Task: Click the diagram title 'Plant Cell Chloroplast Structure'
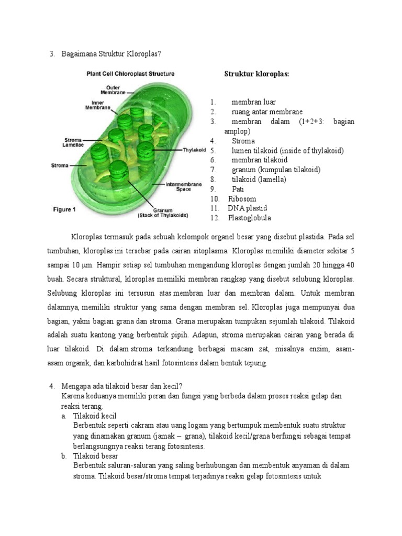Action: coord(130,74)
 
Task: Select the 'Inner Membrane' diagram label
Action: coord(97,105)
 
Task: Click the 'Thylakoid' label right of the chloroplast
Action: coord(193,150)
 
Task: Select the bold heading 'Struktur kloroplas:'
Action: coord(256,74)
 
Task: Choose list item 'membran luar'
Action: coord(253,102)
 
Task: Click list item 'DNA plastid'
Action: coord(247,208)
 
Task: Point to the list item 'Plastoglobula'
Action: coord(249,218)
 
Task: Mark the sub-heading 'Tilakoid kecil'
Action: coord(94,416)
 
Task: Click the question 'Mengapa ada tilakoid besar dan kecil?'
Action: coord(121,386)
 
